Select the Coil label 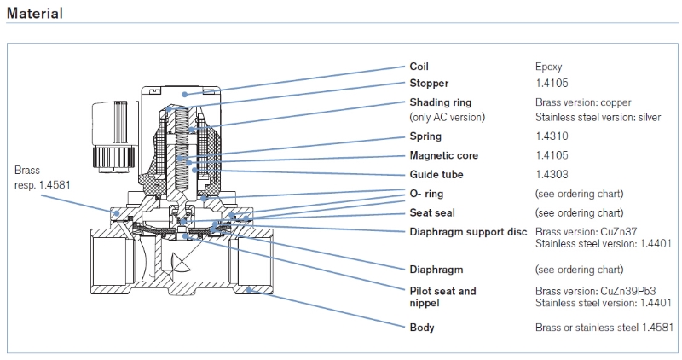click(419, 66)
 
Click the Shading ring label click(441, 102)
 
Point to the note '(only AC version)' click(450, 116)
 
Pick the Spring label click(426, 136)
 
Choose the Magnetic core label click(444, 155)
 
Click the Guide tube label click(436, 174)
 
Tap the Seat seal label click(432, 212)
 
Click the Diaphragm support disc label click(468, 232)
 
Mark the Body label click(422, 328)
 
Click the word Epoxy click(548, 66)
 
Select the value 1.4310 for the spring click(550, 136)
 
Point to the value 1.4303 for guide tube click(550, 174)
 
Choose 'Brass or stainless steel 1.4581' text click(604, 328)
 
